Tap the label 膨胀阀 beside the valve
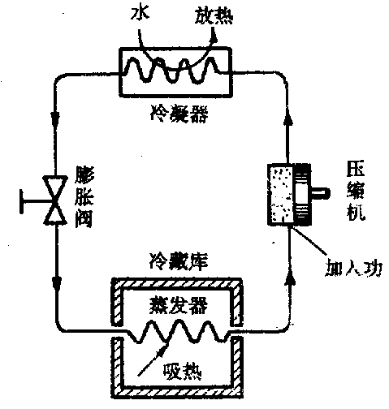pos(84,198)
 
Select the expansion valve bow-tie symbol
pos(55,200)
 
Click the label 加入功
pos(353,268)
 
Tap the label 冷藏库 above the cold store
pos(179,262)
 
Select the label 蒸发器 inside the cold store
pos(179,305)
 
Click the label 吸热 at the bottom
pos(183,371)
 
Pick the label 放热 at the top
pos(214,15)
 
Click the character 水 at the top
pos(140,13)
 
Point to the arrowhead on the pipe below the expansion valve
pos(57,282)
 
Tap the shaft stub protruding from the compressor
pos(320,193)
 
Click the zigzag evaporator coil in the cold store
pos(178,332)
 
